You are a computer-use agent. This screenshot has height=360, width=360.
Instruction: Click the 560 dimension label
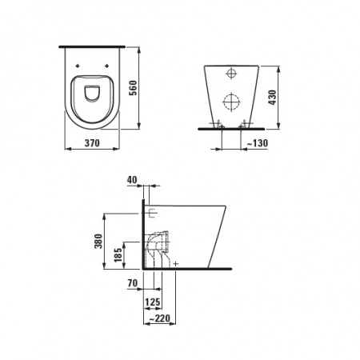pyautogui.click(x=133, y=88)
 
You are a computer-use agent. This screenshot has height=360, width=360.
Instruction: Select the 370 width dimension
pyautogui.click(x=92, y=143)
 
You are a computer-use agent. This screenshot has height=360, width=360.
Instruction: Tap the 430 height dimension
pyautogui.click(x=272, y=98)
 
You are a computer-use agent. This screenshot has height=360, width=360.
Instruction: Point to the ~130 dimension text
pyautogui.click(x=257, y=143)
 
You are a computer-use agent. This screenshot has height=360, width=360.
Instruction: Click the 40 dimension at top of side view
pyautogui.click(x=132, y=180)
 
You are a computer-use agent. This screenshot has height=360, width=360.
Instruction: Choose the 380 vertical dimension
pyautogui.click(x=98, y=241)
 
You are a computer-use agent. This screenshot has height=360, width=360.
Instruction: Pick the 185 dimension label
pyautogui.click(x=118, y=254)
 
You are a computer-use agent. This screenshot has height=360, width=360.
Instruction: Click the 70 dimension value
pyautogui.click(x=133, y=283)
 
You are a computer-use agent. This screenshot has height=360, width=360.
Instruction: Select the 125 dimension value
pyautogui.click(x=153, y=302)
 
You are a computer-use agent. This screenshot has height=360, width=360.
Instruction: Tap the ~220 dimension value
pyautogui.click(x=159, y=318)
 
